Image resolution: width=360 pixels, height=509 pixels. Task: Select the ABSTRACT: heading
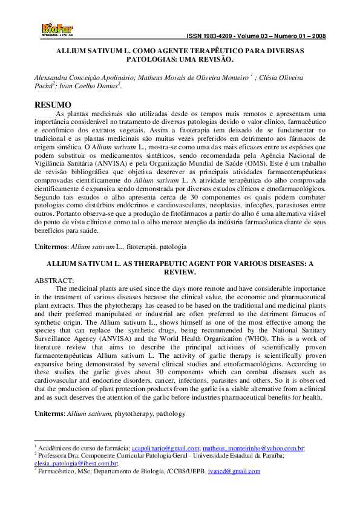(x=54, y=280)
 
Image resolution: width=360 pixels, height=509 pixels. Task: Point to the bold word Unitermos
(x=51, y=247)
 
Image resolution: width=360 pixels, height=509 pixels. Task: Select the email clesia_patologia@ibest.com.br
(x=76, y=463)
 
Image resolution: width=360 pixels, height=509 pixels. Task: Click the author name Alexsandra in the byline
(x=51, y=78)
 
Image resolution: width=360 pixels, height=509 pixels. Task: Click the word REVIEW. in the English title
(x=181, y=273)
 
